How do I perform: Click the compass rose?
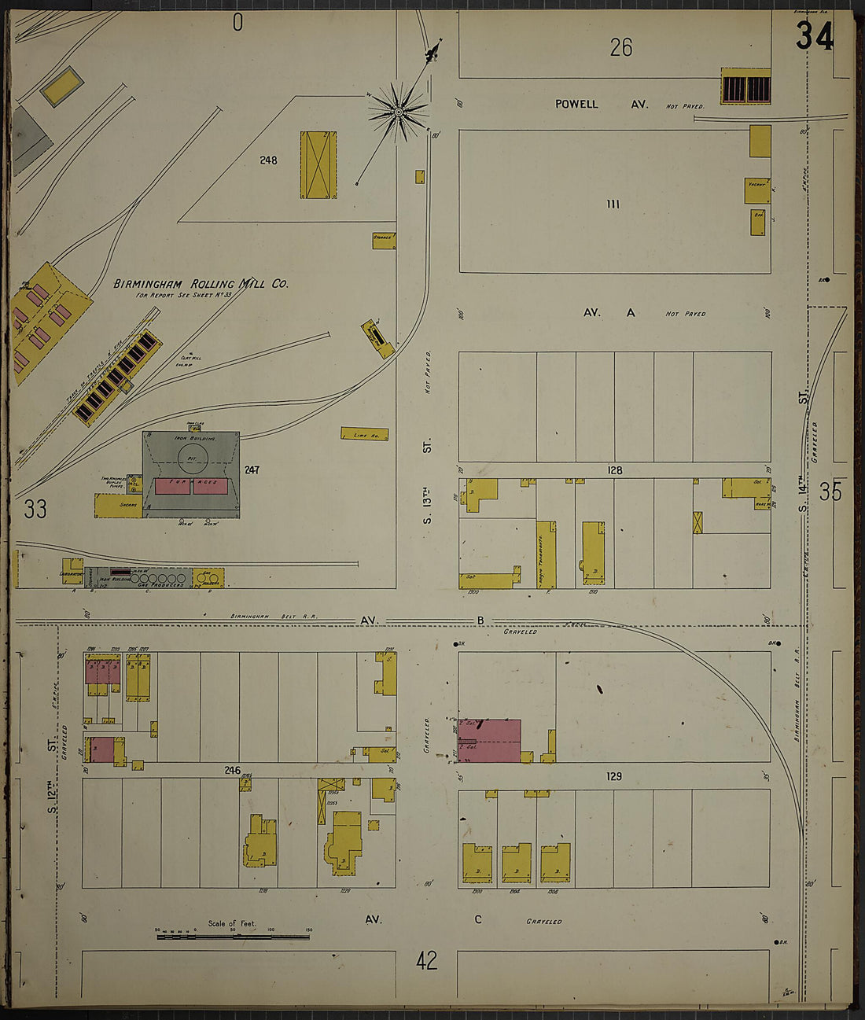click(399, 112)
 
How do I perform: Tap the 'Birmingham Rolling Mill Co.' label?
click(201, 284)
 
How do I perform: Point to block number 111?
click(613, 204)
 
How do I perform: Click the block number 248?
click(269, 160)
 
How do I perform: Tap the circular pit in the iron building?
click(190, 456)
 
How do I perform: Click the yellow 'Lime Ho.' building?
click(364, 434)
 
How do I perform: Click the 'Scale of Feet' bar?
click(234, 936)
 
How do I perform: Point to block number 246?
click(232, 769)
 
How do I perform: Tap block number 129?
click(614, 776)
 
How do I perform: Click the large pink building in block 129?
click(489, 741)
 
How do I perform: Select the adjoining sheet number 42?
click(427, 961)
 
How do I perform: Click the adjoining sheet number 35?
click(830, 492)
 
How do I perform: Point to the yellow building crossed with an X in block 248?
click(318, 165)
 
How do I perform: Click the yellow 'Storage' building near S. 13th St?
click(384, 241)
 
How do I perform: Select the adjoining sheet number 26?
click(621, 48)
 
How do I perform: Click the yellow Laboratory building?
click(72, 571)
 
